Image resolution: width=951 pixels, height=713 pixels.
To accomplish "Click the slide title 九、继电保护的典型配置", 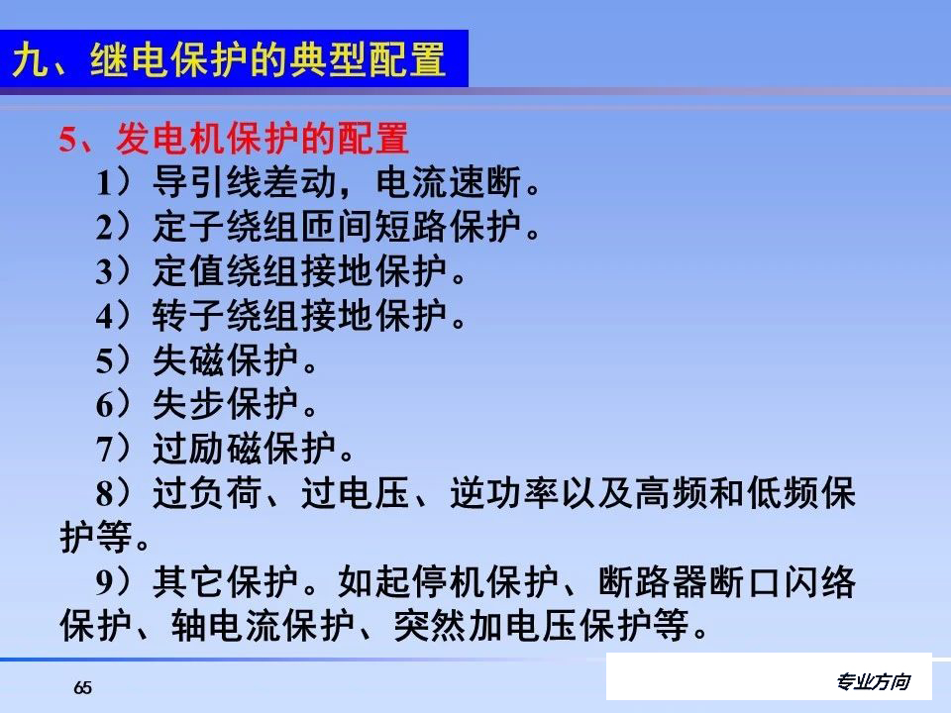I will pyautogui.click(x=228, y=60).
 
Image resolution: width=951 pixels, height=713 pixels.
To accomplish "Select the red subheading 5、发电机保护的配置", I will pyautogui.click(x=233, y=139).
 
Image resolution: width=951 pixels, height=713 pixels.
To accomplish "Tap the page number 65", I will pyautogui.click(x=82, y=688).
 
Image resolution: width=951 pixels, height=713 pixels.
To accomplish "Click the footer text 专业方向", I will pyautogui.click(x=872, y=682).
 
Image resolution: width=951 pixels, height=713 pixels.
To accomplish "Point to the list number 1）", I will pyautogui.click(x=113, y=184).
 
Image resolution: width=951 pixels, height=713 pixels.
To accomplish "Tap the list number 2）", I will pyautogui.click(x=113, y=229).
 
